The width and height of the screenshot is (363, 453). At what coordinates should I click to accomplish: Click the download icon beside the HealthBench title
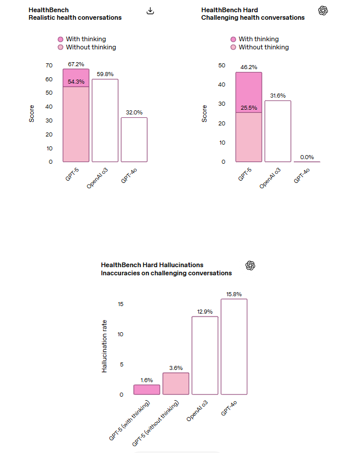150,11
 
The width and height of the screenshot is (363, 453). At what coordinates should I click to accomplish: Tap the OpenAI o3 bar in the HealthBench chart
105,120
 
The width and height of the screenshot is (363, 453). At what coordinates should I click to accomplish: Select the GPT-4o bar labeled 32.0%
134,139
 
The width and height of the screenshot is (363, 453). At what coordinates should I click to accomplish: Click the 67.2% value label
76,64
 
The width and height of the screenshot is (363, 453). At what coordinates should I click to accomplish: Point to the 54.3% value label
76,82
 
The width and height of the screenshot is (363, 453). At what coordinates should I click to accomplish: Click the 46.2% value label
248,67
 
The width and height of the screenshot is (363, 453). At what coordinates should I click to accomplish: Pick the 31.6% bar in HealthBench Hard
277,131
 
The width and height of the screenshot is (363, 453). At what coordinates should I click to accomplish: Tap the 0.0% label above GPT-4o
307,157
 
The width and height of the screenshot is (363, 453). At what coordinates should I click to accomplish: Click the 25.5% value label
248,107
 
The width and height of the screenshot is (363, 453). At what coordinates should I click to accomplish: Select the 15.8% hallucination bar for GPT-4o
234,347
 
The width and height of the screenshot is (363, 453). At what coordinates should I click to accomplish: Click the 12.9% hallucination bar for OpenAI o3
205,355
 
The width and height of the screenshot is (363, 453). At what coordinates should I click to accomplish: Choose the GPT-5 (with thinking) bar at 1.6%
147,390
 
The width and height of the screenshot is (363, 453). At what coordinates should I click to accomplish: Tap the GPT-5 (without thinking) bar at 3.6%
176,384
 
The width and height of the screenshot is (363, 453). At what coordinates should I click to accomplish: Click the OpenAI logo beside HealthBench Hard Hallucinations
251,265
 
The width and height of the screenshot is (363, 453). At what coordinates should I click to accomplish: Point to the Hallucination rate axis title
105,346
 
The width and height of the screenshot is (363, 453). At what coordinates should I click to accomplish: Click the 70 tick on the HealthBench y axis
49,65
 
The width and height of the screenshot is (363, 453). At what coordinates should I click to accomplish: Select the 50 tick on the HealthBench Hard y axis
222,65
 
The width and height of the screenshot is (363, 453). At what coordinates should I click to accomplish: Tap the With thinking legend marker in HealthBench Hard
233,39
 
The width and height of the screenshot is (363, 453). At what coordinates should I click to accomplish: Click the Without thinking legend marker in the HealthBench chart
61,48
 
